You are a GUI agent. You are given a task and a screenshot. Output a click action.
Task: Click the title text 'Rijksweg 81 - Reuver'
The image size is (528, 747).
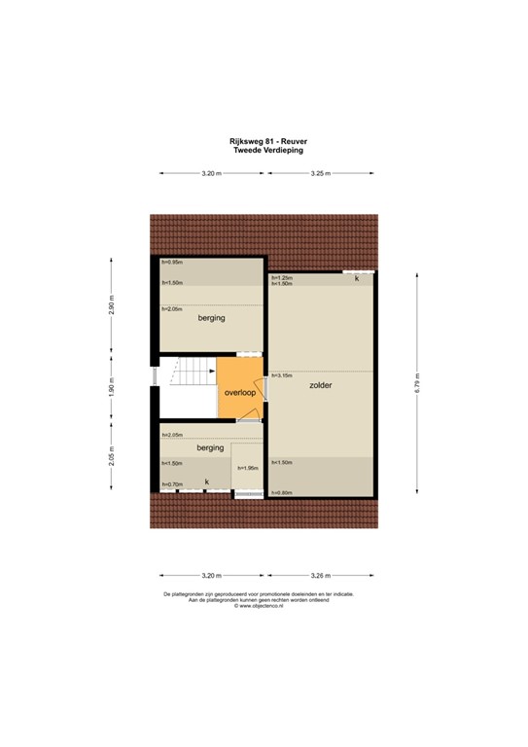click(x=264, y=140)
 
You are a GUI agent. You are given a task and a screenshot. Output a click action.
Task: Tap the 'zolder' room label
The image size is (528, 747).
click(x=321, y=386)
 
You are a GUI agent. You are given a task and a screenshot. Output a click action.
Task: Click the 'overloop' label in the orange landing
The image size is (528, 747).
click(x=238, y=393)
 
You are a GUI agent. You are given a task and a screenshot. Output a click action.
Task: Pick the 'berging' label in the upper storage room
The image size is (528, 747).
click(x=211, y=318)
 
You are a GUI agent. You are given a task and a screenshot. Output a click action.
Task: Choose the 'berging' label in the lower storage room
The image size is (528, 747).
click(x=210, y=448)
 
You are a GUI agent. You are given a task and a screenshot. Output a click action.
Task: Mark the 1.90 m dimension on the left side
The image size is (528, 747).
click(x=112, y=389)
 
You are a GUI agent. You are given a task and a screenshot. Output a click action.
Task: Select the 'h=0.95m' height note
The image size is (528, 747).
click(x=172, y=262)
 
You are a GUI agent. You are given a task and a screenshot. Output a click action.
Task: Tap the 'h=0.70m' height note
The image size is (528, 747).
click(x=172, y=483)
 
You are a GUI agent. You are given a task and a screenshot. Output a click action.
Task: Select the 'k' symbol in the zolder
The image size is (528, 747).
click(x=357, y=279)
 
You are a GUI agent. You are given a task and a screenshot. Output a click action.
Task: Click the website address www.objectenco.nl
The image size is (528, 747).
click(x=264, y=608)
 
